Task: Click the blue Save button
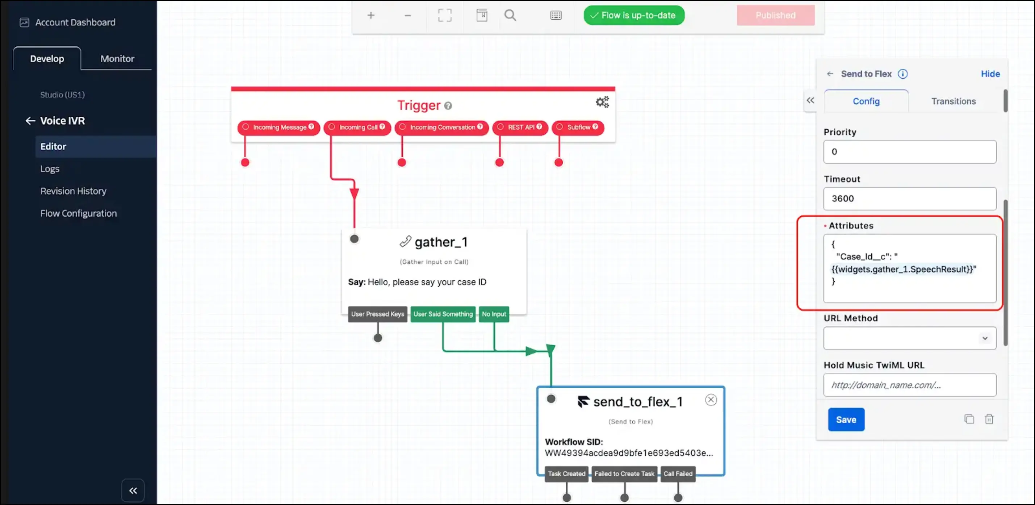[846, 420]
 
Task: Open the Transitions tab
[954, 101]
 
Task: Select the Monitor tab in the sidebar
[117, 58]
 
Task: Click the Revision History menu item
[73, 191]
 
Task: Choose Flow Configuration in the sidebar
[78, 213]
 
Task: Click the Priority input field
[910, 151]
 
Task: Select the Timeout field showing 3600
[910, 199]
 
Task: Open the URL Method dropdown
[910, 338]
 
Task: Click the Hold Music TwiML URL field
[910, 385]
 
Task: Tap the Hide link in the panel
[990, 74]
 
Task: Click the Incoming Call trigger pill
[357, 128]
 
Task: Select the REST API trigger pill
[520, 128]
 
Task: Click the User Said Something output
[443, 314]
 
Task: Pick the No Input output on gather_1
[494, 314]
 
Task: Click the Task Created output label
[566, 473]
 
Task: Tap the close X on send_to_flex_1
[711, 400]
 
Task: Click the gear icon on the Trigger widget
[602, 102]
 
